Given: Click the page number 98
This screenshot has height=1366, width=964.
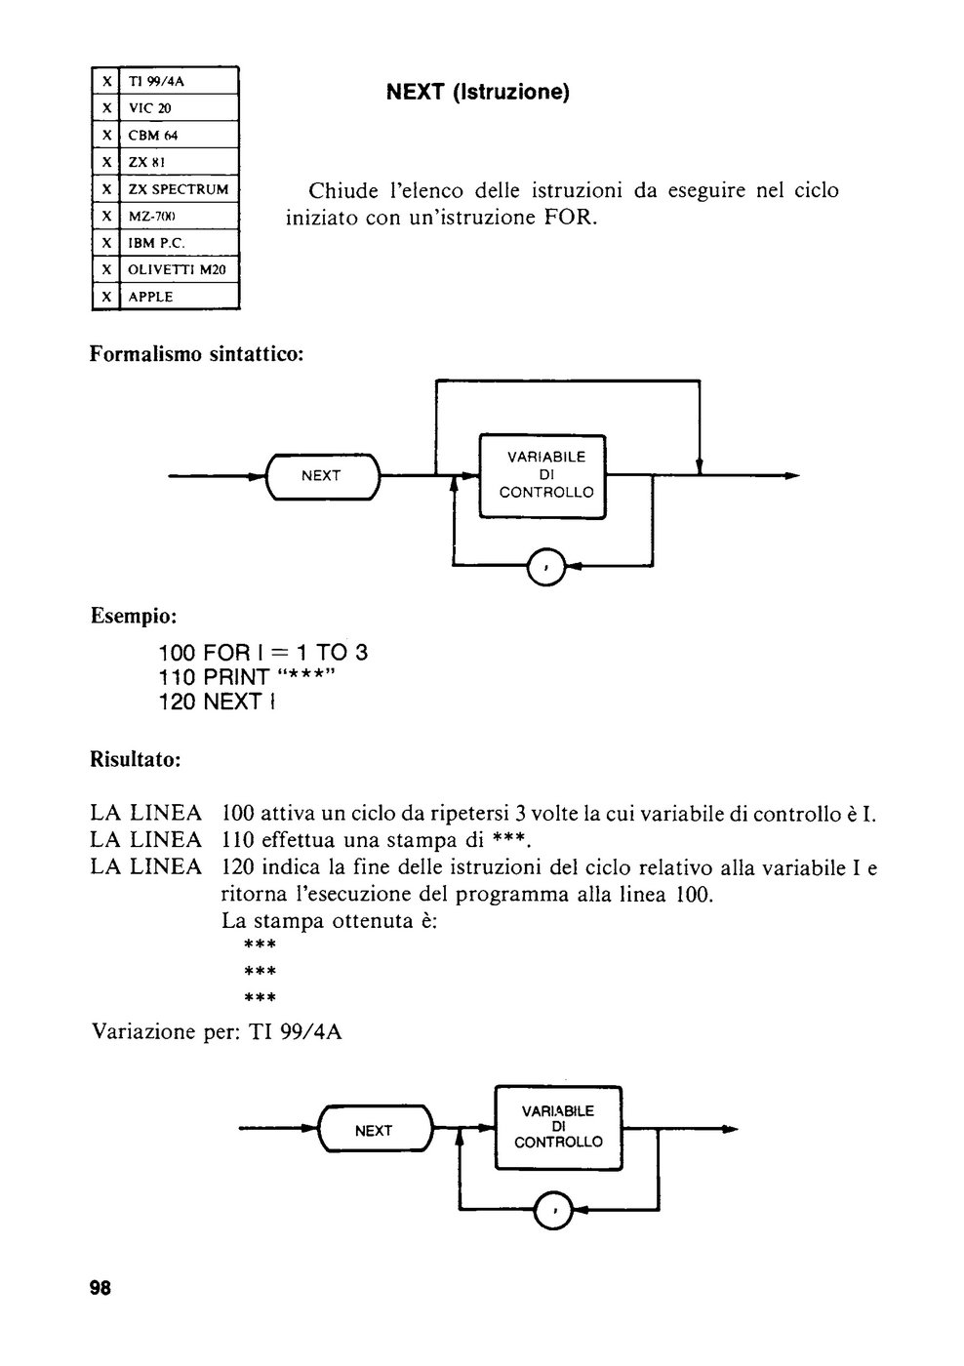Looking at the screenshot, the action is click(x=100, y=1288).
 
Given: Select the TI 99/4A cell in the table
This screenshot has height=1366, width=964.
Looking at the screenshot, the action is click(x=179, y=80).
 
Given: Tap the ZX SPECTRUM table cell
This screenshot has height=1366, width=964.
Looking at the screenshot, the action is click(x=179, y=189).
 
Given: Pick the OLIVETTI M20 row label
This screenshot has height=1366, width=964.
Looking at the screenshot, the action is click(x=177, y=269).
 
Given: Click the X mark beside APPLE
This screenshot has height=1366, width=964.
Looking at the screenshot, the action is click(x=106, y=297).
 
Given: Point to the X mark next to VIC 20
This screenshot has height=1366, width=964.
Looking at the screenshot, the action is click(x=106, y=108).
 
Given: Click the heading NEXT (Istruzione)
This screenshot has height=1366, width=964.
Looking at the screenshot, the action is click(x=477, y=92).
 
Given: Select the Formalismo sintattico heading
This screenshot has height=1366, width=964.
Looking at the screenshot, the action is click(x=196, y=353).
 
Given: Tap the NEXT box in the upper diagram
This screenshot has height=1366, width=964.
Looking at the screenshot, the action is click(x=323, y=476).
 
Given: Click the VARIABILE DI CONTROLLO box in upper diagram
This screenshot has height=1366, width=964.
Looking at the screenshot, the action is click(x=542, y=476).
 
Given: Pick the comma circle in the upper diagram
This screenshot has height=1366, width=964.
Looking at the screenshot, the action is click(x=546, y=567).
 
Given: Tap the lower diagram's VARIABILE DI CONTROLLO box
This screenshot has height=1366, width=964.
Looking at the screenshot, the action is click(x=558, y=1127).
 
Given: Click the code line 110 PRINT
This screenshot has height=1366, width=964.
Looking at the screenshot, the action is click(x=247, y=677).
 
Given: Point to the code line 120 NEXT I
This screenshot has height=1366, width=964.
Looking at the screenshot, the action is click(x=217, y=702).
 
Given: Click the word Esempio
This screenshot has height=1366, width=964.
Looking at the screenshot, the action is click(x=134, y=616).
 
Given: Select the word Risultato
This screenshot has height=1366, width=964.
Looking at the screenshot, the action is click(x=136, y=760).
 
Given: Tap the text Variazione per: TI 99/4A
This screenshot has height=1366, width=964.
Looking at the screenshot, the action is click(x=217, y=1032).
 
